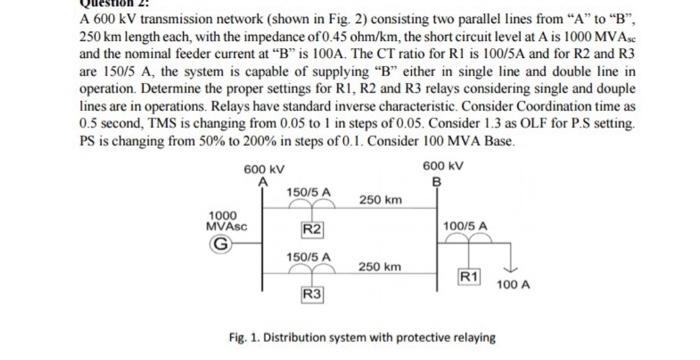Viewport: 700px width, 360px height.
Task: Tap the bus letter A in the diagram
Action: (x=263, y=181)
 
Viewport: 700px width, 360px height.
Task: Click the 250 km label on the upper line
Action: (x=381, y=200)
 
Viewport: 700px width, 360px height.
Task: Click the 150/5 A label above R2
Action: (x=309, y=190)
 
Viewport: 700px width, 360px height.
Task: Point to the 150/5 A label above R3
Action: (x=308, y=257)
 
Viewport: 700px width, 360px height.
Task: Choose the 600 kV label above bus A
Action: (x=263, y=168)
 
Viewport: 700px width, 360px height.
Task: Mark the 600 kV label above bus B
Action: (x=441, y=166)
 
